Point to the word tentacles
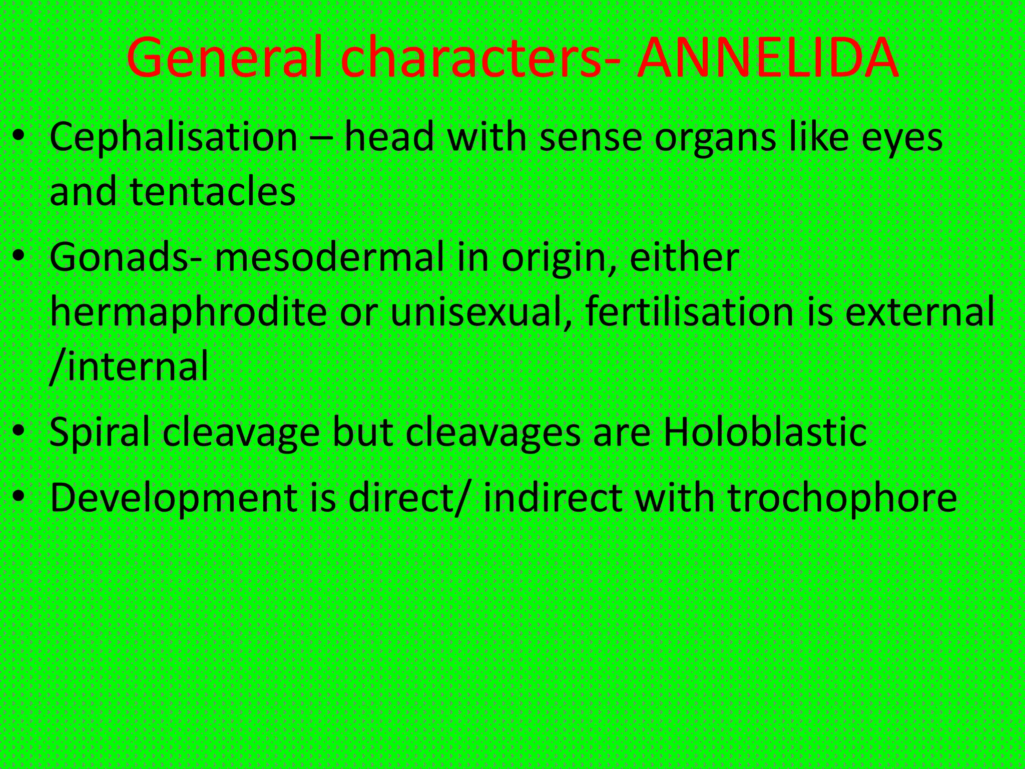(x=213, y=192)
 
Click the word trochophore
(x=842, y=499)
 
